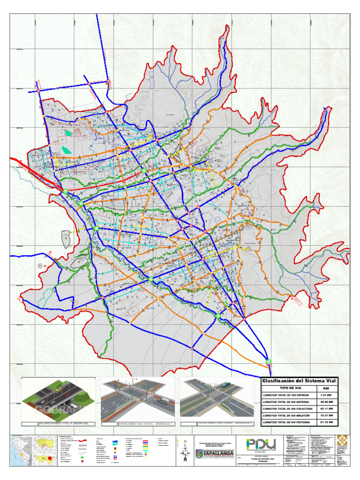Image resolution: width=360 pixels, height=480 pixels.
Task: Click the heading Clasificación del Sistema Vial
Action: pos(299,381)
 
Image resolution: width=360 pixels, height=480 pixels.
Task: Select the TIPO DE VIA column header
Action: pos(290,389)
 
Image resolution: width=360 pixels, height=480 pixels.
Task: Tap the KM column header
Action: pos(326,389)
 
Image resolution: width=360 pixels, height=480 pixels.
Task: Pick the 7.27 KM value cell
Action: pos(326,396)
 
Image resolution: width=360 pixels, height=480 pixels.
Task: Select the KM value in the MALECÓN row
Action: pos(326,415)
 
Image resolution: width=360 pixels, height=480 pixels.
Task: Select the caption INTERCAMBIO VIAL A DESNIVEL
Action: pos(62,424)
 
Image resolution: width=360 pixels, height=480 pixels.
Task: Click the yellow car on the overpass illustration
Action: pos(58,389)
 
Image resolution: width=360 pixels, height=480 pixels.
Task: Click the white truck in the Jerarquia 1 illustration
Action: pos(165,401)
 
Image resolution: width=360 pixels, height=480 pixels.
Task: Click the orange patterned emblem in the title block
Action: pos(342,443)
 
